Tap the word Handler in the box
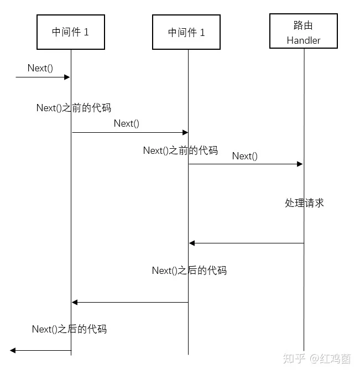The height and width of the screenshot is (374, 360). (x=304, y=40)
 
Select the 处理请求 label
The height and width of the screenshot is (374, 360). (x=304, y=203)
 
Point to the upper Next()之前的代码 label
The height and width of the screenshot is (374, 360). (x=74, y=108)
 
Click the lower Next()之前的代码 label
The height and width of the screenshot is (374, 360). (x=180, y=150)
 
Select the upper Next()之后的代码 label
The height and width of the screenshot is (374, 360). (x=189, y=271)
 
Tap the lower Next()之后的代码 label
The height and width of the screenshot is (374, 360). (x=69, y=329)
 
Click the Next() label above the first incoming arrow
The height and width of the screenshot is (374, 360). (x=40, y=68)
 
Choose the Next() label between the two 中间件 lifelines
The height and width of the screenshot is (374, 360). (x=126, y=123)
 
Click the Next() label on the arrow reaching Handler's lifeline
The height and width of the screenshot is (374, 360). (x=245, y=156)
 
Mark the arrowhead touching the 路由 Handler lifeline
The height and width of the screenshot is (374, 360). (x=300, y=164)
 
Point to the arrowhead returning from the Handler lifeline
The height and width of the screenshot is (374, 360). (x=192, y=243)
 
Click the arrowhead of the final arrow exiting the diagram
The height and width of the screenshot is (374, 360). (x=13, y=350)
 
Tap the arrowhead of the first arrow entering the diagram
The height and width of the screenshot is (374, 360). (x=67, y=77)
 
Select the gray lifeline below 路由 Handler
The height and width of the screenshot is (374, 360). (x=304, y=199)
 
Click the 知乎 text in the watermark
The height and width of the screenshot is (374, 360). (x=294, y=359)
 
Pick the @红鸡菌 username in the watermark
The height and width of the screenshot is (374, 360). (x=330, y=359)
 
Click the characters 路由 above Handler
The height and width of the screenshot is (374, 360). (x=303, y=25)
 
